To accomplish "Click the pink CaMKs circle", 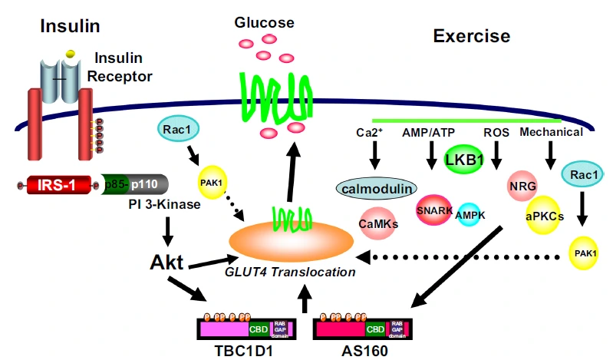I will click(x=378, y=223).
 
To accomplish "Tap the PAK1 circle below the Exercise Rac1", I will click(x=585, y=252).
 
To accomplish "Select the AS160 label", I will click(x=364, y=350).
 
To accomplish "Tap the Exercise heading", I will click(x=471, y=35).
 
